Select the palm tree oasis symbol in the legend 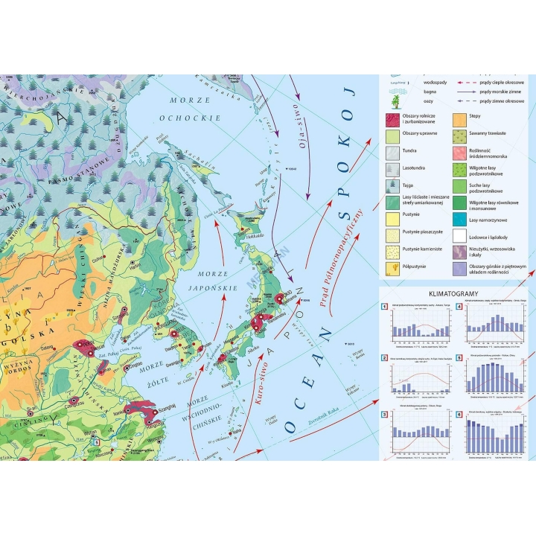coord(393,101)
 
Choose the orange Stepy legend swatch coord(461,119)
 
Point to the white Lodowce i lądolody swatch coord(461,236)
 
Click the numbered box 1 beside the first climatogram coord(384,307)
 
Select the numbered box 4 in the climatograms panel coord(459,307)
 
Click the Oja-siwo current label coord(304,130)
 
